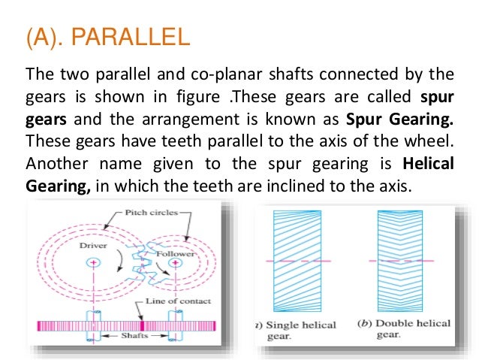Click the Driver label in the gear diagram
[x=92, y=245]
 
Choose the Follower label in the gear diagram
[x=175, y=254]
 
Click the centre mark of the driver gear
[x=92, y=262]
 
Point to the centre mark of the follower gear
[x=176, y=265]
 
